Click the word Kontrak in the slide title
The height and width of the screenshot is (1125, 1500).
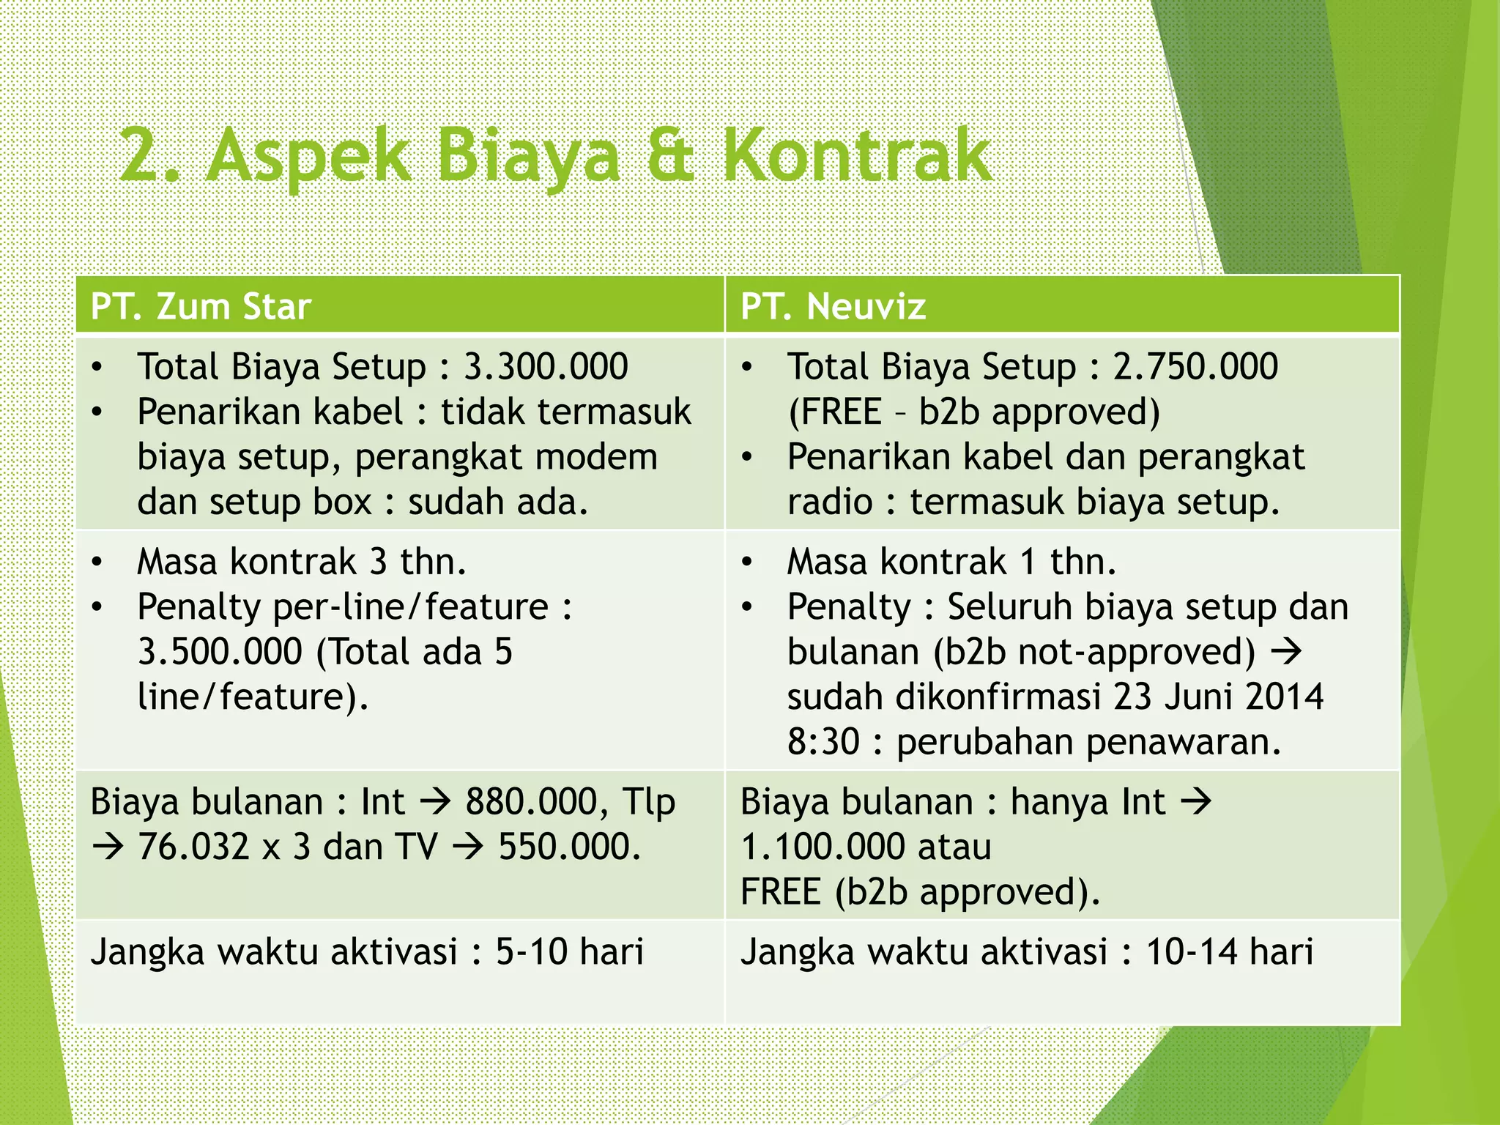(857, 155)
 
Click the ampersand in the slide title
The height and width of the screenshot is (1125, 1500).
(670, 155)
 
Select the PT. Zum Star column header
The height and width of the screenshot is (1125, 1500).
(201, 306)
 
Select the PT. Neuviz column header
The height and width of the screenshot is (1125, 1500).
(833, 306)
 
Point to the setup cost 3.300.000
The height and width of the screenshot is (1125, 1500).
(546, 366)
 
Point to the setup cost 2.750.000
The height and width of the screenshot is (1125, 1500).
(1195, 366)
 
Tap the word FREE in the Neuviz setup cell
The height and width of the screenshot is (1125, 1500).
(835, 412)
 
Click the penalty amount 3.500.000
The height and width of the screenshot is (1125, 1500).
(220, 652)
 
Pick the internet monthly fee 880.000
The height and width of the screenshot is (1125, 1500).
(529, 802)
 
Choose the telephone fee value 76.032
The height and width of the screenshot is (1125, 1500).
(193, 847)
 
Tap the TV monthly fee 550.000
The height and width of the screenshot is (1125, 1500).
(569, 847)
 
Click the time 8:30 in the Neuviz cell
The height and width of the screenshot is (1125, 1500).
(823, 742)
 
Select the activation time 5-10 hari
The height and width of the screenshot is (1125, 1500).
(569, 952)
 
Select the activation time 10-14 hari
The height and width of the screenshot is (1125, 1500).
(1229, 952)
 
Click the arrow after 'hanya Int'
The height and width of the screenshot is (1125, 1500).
(1196, 802)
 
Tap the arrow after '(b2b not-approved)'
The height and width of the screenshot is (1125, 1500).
(1286, 652)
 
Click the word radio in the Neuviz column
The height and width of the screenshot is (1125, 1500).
(830, 502)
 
